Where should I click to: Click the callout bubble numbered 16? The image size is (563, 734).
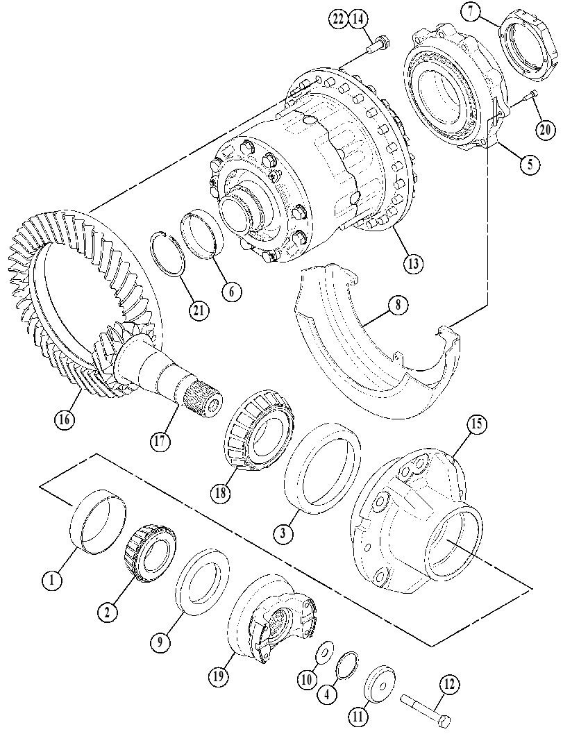(x=64, y=419)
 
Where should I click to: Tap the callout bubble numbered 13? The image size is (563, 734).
(x=413, y=263)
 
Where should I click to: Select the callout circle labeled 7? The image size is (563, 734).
(x=471, y=12)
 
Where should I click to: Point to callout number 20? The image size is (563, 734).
(x=545, y=128)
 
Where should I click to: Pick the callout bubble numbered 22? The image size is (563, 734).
(x=338, y=19)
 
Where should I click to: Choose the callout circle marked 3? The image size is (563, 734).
(x=284, y=533)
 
